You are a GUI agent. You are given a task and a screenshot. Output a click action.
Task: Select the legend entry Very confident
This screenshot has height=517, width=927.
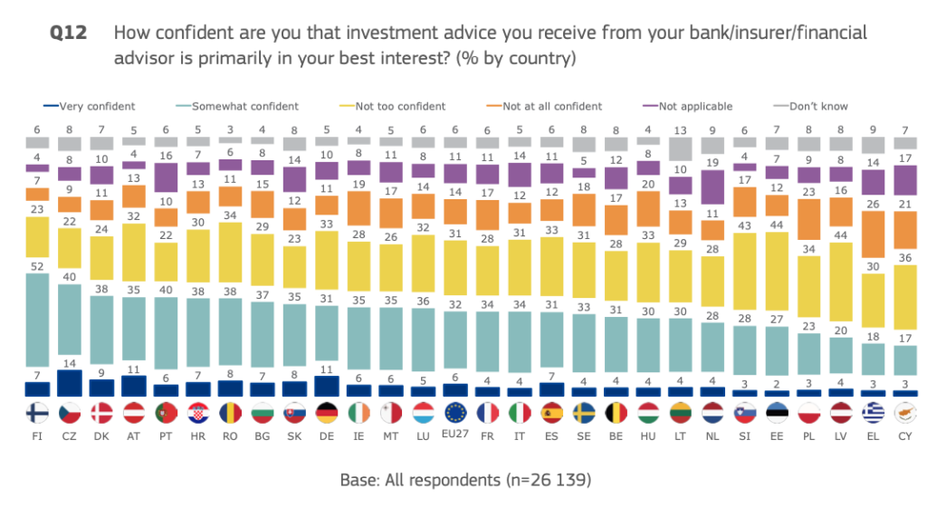tap(95, 107)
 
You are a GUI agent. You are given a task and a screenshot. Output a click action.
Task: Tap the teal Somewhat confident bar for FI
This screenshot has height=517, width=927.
tap(37, 327)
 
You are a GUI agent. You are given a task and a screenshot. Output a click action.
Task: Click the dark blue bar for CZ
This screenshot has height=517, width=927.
tap(70, 383)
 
